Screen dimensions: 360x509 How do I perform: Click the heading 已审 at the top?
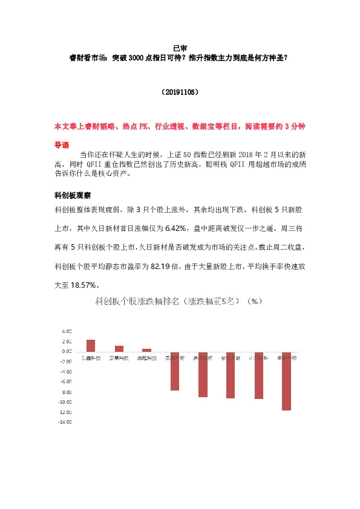(x=180, y=48)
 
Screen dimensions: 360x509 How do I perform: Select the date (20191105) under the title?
(x=180, y=92)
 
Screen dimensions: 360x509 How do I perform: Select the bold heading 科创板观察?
(x=73, y=195)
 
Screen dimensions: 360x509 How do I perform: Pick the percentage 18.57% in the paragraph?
(x=85, y=285)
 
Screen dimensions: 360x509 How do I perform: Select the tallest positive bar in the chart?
(x=91, y=345)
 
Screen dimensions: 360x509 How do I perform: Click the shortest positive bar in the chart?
(x=147, y=350)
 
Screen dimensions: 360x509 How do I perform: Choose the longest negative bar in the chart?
(x=286, y=381)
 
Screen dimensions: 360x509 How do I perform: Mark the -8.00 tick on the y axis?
(x=66, y=392)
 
